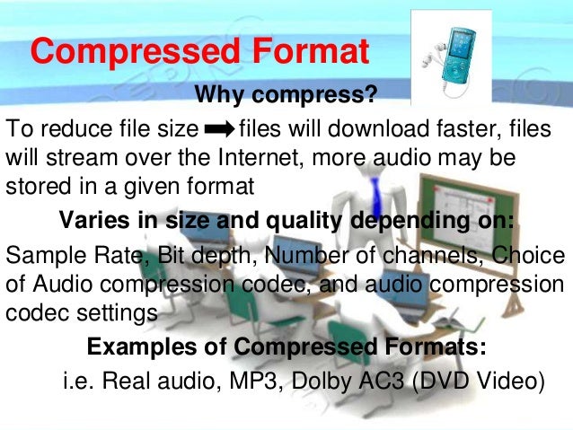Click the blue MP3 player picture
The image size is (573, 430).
point(453,53)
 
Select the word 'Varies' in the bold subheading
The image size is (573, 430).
point(87,221)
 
